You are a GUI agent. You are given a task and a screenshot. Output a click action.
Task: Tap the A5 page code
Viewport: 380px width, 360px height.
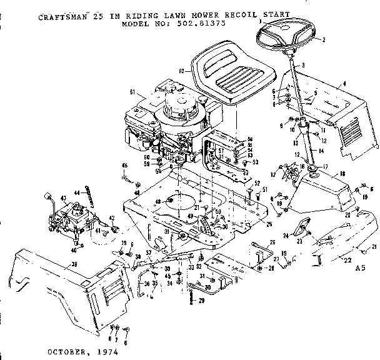click(x=359, y=267)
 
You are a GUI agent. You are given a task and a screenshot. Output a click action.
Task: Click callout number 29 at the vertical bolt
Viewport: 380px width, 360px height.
click(x=202, y=301)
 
